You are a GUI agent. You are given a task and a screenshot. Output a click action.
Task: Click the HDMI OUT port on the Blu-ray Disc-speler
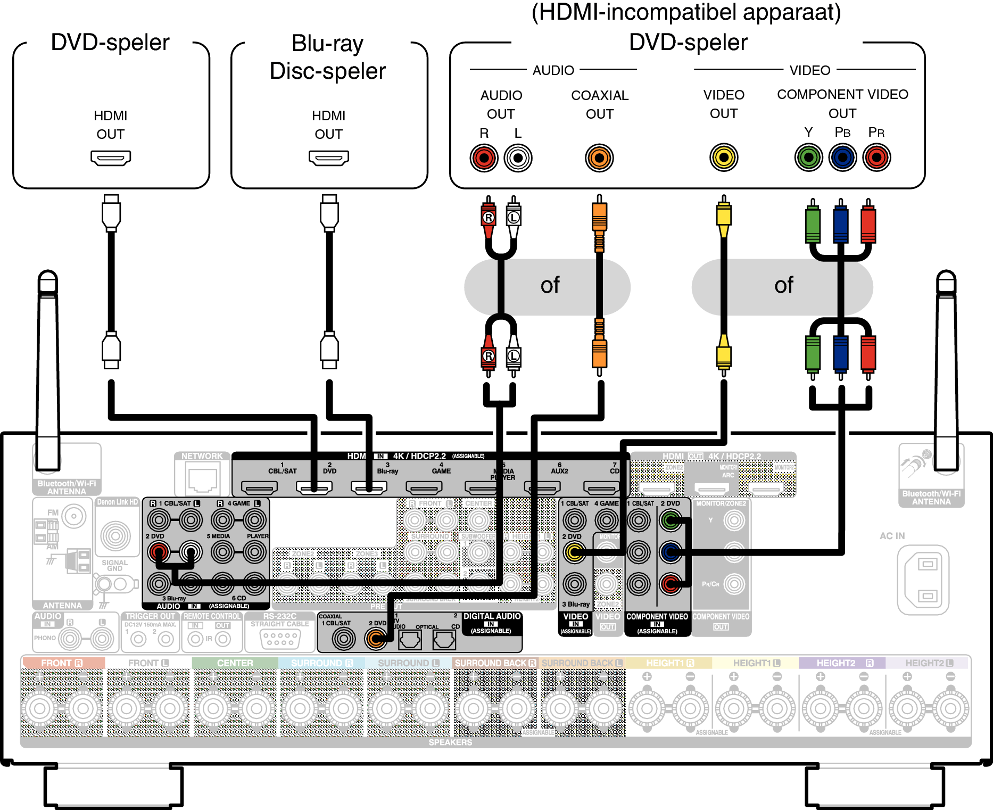coord(328,158)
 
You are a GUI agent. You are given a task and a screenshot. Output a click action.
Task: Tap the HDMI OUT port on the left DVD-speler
coord(111,158)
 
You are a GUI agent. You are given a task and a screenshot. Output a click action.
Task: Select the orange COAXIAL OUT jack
coord(599,158)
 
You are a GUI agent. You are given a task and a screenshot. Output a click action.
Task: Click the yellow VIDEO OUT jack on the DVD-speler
coord(724,158)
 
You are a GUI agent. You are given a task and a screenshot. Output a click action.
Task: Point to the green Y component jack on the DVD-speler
coord(808,158)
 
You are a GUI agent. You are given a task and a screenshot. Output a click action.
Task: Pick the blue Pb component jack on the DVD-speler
coord(842,158)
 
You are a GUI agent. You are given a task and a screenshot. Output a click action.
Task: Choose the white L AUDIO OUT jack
coord(518,158)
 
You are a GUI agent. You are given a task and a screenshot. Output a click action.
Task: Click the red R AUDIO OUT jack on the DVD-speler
coord(484,158)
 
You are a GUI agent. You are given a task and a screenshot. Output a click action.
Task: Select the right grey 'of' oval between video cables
coord(782,287)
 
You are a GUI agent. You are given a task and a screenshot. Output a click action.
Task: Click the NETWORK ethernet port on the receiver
coord(202,478)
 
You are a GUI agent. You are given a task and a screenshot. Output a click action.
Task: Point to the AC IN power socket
coord(923,580)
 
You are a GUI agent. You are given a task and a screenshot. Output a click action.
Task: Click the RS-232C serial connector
coord(280,638)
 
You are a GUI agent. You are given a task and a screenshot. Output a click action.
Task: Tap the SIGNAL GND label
coord(114,565)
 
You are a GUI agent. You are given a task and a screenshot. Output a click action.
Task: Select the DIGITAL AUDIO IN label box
coord(491,623)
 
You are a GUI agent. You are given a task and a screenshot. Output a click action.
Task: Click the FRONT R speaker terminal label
coord(62,663)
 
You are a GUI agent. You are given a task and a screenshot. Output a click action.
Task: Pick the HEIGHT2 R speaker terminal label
coord(842,663)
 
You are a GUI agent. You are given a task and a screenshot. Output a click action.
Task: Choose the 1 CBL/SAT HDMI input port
coord(259,486)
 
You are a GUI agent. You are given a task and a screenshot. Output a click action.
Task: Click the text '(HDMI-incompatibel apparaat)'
coord(686,13)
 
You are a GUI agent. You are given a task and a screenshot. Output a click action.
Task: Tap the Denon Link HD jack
coord(115,535)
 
